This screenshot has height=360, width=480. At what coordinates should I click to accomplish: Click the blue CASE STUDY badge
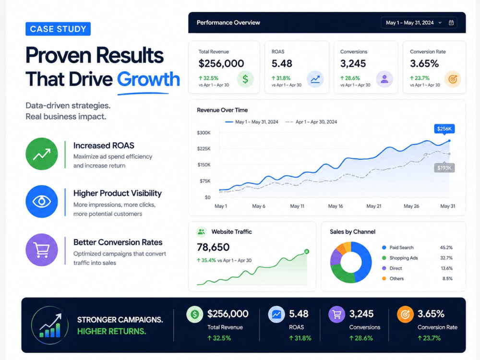point(58,29)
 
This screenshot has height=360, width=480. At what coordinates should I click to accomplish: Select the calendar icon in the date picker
point(451,23)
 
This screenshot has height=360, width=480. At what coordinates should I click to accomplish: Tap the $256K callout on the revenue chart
point(444,129)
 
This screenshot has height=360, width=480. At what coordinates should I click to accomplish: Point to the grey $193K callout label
point(444,168)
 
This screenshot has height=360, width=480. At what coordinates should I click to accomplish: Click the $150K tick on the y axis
point(204,165)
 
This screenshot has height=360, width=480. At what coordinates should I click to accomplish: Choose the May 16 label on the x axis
point(336,206)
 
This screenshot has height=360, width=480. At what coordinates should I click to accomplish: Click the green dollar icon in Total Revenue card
point(245,79)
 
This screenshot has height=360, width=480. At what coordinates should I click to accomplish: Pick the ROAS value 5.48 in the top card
point(282,63)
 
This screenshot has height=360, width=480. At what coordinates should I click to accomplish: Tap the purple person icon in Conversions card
point(384,79)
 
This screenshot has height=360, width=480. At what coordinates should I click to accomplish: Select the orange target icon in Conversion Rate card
point(453,79)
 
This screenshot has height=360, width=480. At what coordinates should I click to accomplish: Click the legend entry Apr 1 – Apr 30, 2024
point(311,122)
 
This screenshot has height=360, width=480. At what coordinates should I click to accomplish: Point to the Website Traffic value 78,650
point(213,247)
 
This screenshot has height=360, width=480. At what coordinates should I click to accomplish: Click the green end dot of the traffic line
point(306,252)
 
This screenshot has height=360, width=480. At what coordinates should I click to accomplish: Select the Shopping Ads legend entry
point(400,258)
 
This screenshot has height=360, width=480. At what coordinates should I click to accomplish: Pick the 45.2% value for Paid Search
point(446,247)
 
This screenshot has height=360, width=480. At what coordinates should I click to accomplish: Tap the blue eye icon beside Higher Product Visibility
point(42,202)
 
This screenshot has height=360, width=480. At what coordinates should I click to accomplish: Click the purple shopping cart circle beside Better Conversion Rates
point(42,250)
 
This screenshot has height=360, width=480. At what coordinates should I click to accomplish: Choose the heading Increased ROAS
point(104,145)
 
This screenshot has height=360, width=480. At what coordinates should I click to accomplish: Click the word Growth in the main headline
point(148,79)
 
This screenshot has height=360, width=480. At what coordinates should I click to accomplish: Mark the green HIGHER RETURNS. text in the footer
point(112,331)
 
